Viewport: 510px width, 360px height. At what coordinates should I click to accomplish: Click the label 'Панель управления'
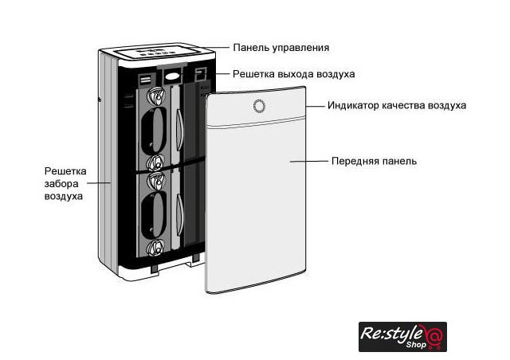pyautogui.click(x=280, y=48)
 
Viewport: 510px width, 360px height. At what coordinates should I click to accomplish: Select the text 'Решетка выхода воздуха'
pyautogui.click(x=293, y=74)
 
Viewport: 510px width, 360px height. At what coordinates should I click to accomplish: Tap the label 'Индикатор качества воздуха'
pyautogui.click(x=396, y=105)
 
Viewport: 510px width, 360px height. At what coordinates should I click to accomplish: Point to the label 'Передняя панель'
pyautogui.click(x=373, y=161)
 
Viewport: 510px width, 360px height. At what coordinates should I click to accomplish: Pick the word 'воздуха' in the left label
pyautogui.click(x=63, y=195)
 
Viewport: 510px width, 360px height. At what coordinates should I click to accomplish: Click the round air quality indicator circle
pyautogui.click(x=257, y=106)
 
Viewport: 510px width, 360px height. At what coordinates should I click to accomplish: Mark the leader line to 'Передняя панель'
pyautogui.click(x=309, y=161)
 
